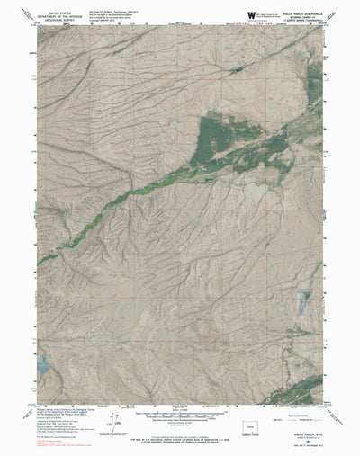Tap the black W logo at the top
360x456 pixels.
coord(250,14)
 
